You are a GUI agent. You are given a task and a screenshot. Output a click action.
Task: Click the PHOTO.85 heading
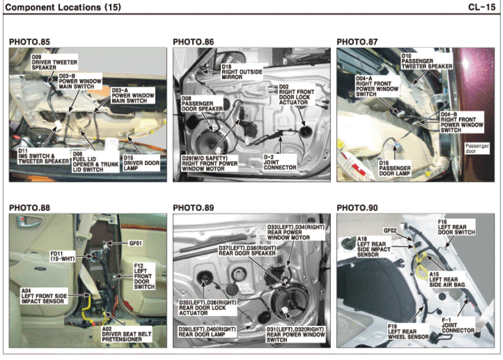click(x=30, y=42)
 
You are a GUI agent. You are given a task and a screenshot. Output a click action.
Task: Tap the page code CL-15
click(x=482, y=7)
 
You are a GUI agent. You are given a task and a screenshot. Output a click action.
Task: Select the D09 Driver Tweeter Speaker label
click(x=54, y=62)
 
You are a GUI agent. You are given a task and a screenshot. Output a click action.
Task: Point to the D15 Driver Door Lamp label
click(x=141, y=163)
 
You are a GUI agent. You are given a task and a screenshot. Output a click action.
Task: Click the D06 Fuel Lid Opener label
click(x=96, y=162)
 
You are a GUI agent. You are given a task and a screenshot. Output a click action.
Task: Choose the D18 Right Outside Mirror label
click(x=242, y=72)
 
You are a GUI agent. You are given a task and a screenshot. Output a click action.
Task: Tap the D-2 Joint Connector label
click(x=280, y=162)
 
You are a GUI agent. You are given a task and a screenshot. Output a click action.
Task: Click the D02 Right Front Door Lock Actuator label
click(x=296, y=95)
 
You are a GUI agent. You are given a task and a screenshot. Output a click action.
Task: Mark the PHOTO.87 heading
click(x=357, y=42)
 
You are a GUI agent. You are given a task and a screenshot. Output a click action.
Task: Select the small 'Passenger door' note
click(x=477, y=148)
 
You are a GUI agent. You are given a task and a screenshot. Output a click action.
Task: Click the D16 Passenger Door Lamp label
click(x=394, y=168)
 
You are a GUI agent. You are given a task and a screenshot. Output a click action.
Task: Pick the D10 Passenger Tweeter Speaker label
click(x=427, y=61)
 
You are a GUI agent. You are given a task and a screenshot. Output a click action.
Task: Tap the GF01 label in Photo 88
click(x=135, y=243)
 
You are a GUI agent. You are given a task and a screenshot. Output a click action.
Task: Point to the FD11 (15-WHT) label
click(x=62, y=256)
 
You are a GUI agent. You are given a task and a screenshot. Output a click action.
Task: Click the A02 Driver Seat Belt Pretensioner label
click(x=126, y=334)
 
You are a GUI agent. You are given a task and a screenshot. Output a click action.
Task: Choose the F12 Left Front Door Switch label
click(x=144, y=276)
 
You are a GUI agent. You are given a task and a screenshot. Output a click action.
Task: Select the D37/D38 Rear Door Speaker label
click(x=247, y=251)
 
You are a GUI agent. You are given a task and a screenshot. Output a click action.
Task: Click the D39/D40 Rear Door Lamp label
click(x=207, y=332)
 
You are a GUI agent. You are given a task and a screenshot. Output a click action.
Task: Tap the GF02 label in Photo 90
click(x=390, y=230)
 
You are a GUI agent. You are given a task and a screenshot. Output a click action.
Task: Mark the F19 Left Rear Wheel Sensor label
click(x=408, y=332)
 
